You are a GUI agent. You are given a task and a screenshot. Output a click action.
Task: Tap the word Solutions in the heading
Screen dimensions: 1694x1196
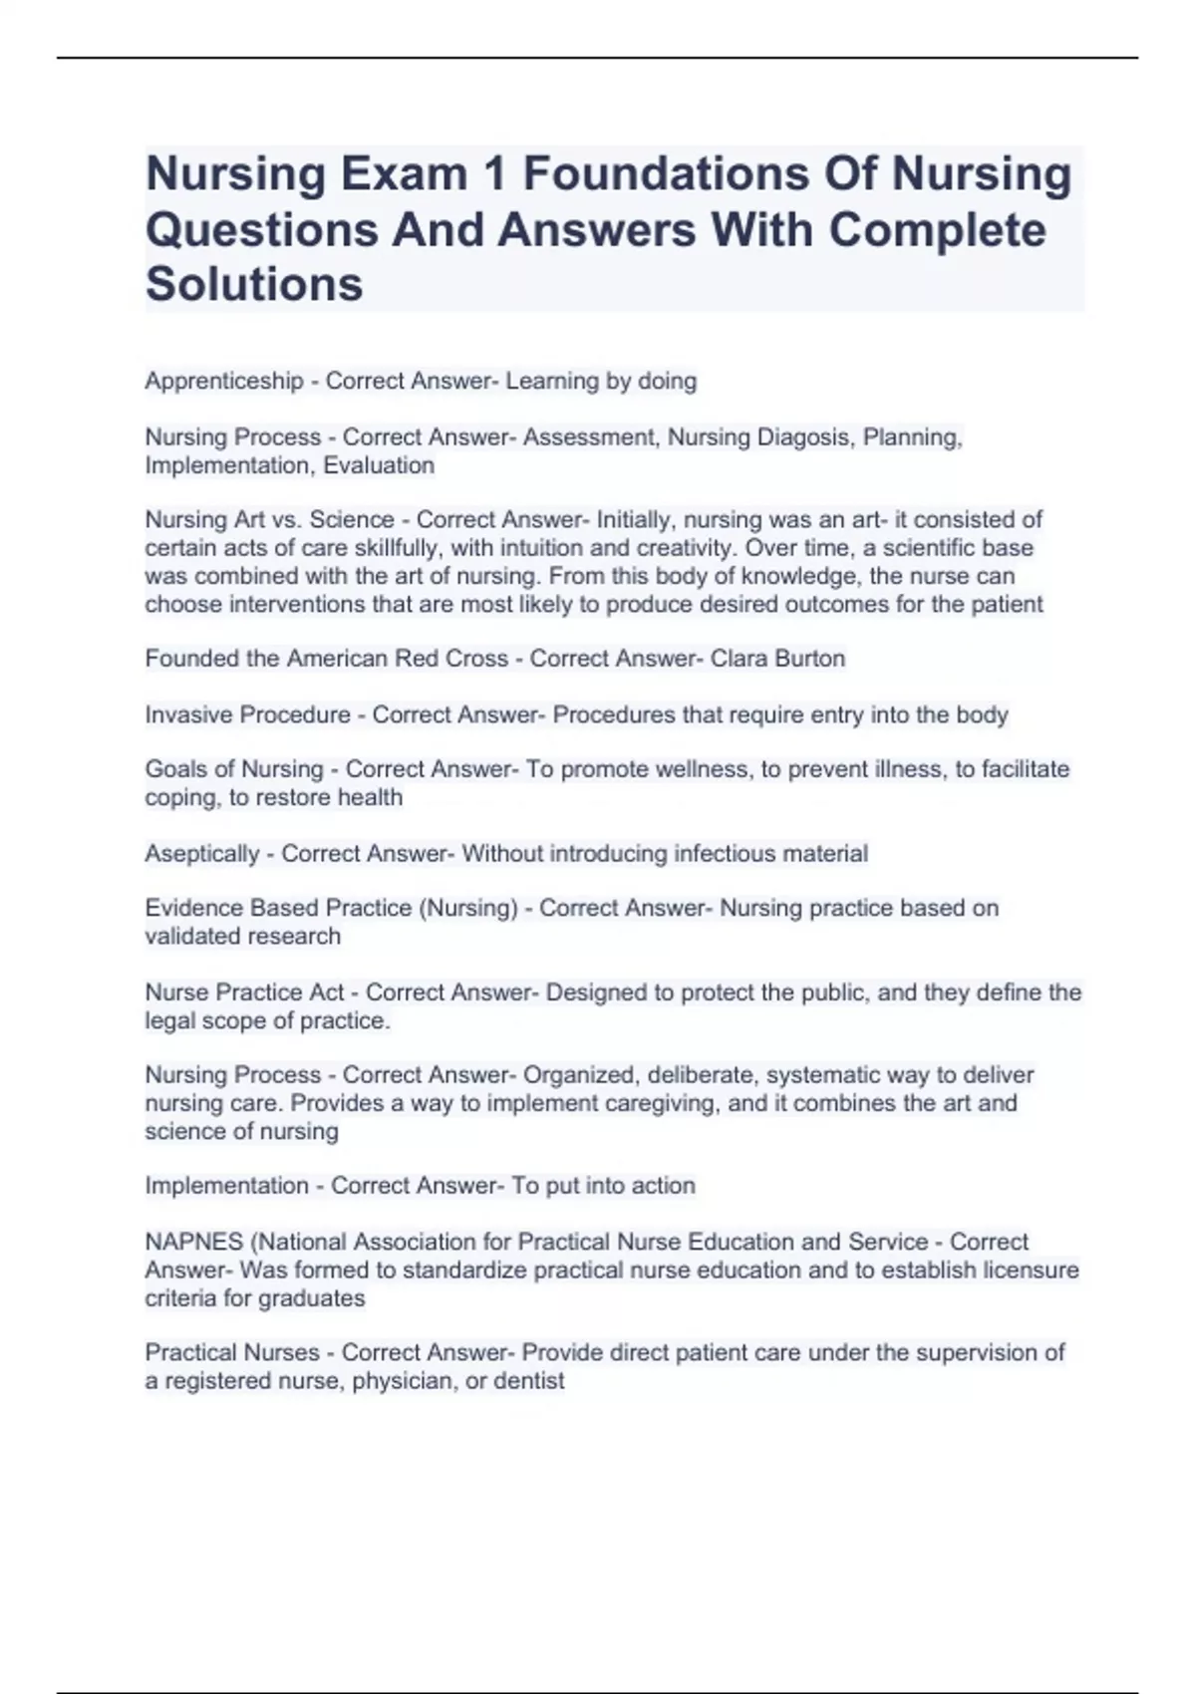pyautogui.click(x=254, y=284)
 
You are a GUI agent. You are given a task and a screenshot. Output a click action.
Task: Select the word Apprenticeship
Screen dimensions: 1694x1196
pyautogui.click(x=224, y=381)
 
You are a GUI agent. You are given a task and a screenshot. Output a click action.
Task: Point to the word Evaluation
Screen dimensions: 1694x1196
pyautogui.click(x=379, y=465)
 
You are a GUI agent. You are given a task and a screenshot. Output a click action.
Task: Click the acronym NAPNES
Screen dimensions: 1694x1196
pyautogui.click(x=194, y=1242)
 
